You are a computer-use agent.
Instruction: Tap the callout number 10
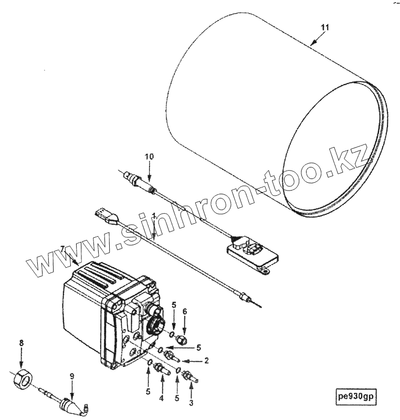pyautogui.click(x=150, y=156)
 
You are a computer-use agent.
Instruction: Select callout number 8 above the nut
pyautogui.click(x=22, y=343)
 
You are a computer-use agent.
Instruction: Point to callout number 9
pyautogui.click(x=72, y=376)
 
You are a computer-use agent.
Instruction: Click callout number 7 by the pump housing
pyautogui.click(x=63, y=248)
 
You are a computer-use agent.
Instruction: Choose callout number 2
pyautogui.click(x=206, y=361)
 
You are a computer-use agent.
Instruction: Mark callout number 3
pyautogui.click(x=191, y=403)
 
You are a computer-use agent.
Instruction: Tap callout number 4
pyautogui.click(x=161, y=398)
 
